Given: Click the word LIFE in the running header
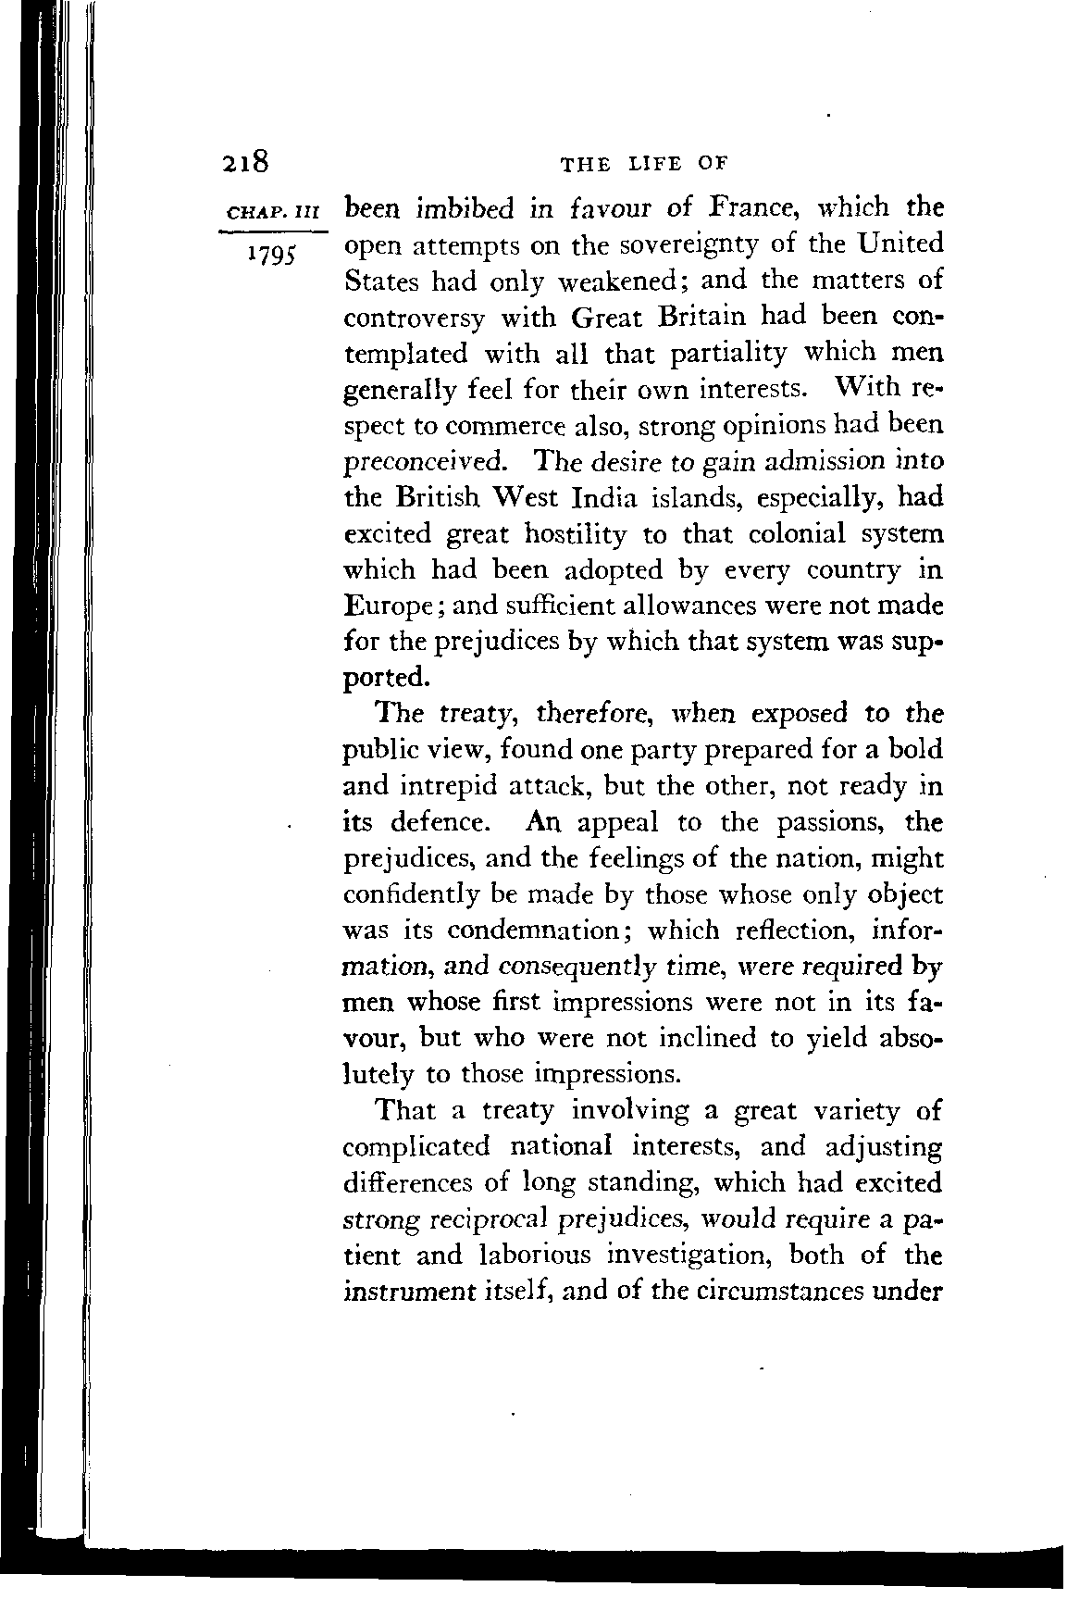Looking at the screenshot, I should tap(655, 164).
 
